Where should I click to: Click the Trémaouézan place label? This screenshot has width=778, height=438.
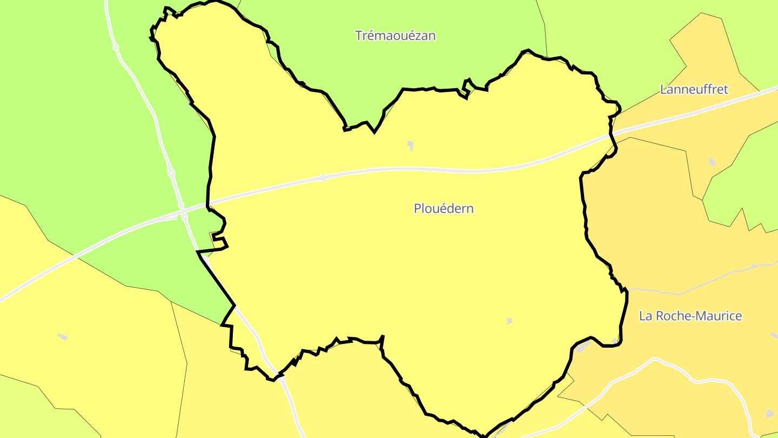pos(395,36)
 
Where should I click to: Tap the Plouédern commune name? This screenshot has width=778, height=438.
pos(444,208)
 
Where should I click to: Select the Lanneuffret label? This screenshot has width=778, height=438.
pos(694,89)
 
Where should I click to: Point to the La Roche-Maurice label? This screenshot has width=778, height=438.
pos(690,316)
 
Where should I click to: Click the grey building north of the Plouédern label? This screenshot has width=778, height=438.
pos(411,144)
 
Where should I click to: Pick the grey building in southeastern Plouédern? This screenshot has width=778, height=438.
pos(509,321)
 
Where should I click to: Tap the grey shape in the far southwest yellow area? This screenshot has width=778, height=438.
pos(63,337)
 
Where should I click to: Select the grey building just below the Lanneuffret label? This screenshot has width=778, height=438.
pos(712,162)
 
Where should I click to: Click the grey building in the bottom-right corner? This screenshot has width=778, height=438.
pos(769,414)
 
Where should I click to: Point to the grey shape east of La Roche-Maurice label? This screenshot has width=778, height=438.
pos(774,335)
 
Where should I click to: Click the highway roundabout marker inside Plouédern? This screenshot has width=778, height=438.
pos(323,177)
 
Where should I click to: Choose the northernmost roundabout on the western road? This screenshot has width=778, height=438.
pos(116,48)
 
